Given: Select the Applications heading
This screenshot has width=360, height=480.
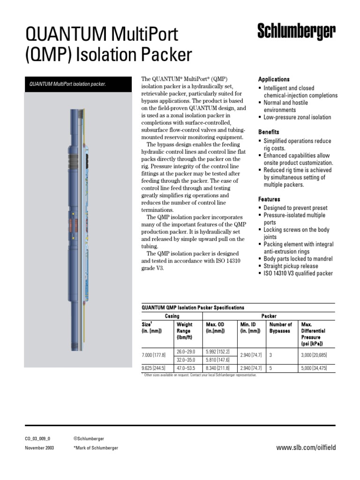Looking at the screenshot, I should [274, 79].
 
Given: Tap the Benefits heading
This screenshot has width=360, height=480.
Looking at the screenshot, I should [269, 132].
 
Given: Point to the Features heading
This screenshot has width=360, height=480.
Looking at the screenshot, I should [269, 199].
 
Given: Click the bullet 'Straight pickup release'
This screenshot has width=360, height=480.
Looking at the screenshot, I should [291, 266].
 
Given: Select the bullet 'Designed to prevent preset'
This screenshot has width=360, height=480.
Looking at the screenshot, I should [295, 208].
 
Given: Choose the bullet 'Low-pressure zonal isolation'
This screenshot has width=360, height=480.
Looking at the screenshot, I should [297, 117].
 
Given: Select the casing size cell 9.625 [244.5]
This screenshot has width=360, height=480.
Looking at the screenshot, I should [156, 368].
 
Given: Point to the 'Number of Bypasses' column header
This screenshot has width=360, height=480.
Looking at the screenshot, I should [281, 327].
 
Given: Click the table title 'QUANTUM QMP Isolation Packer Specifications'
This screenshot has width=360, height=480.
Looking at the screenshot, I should [193, 308].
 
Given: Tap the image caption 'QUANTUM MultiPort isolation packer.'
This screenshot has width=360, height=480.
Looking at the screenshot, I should [68, 84].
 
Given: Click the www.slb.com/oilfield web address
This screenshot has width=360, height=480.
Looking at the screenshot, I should [306, 448].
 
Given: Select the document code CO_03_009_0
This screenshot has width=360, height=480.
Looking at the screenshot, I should [37, 439].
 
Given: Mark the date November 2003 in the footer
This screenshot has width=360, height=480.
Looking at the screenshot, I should [39, 448].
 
